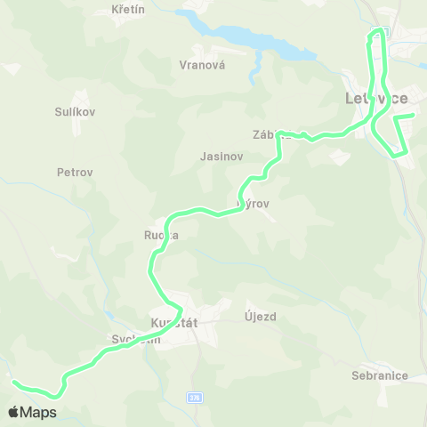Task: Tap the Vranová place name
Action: coord(202,65)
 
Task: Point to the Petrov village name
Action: coord(75,172)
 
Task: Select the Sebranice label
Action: coord(379,375)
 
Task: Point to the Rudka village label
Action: coord(162,236)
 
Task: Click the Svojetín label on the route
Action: coord(136,339)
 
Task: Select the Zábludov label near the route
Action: coord(272,136)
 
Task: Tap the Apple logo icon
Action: coord(14,412)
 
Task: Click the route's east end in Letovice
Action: coord(413,115)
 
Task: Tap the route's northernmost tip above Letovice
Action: coord(377,31)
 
